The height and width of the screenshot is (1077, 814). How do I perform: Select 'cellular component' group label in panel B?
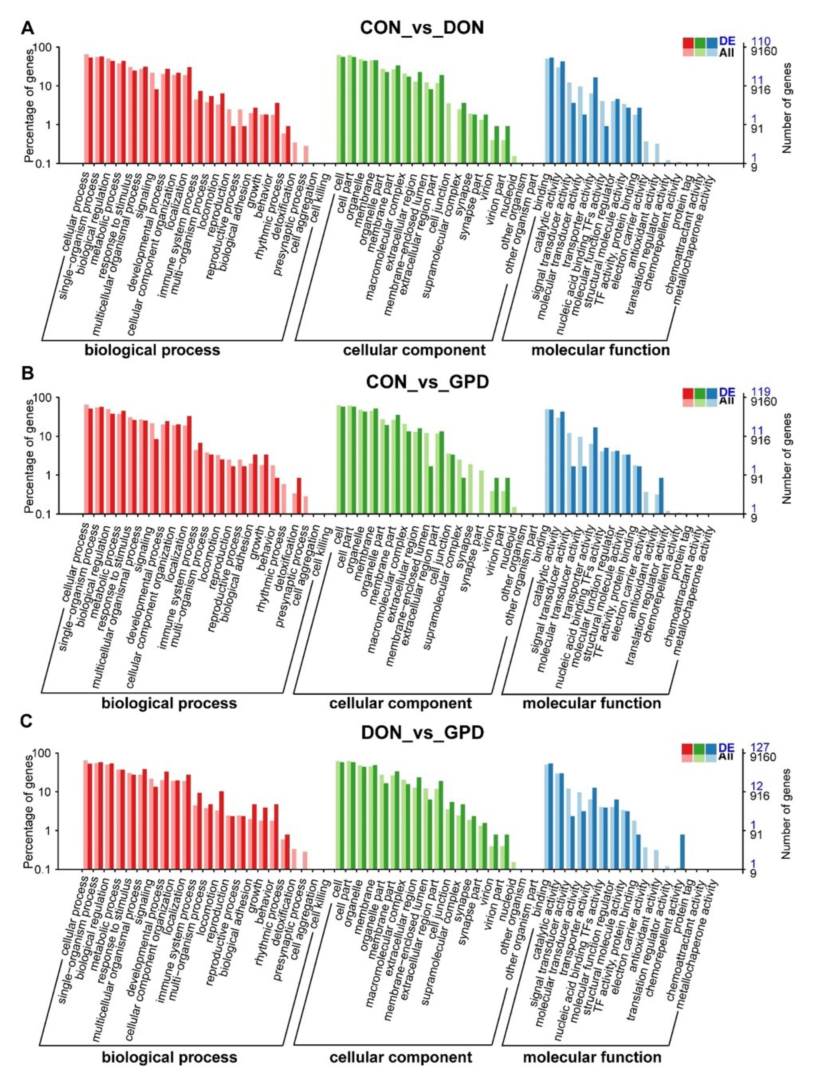click(x=400, y=703)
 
